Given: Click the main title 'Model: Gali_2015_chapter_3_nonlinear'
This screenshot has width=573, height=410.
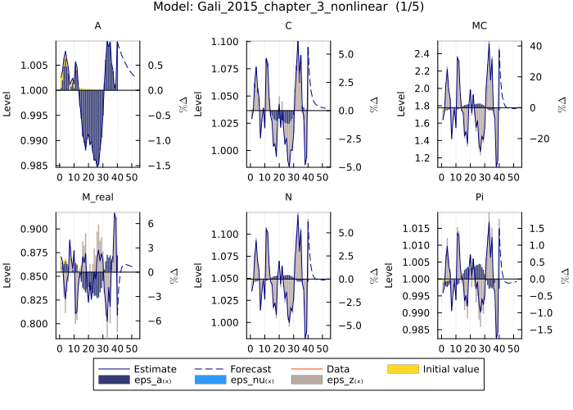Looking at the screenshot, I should point(286,7).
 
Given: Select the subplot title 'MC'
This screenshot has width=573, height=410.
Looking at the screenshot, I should point(480,26).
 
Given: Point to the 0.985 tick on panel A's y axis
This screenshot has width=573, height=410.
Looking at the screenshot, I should point(38,166).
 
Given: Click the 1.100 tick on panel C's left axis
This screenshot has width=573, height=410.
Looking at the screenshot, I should point(228,41).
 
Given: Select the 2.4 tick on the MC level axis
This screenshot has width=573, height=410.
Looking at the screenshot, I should point(423,53).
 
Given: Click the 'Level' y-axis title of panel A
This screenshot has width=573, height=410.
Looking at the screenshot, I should point(8,103).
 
